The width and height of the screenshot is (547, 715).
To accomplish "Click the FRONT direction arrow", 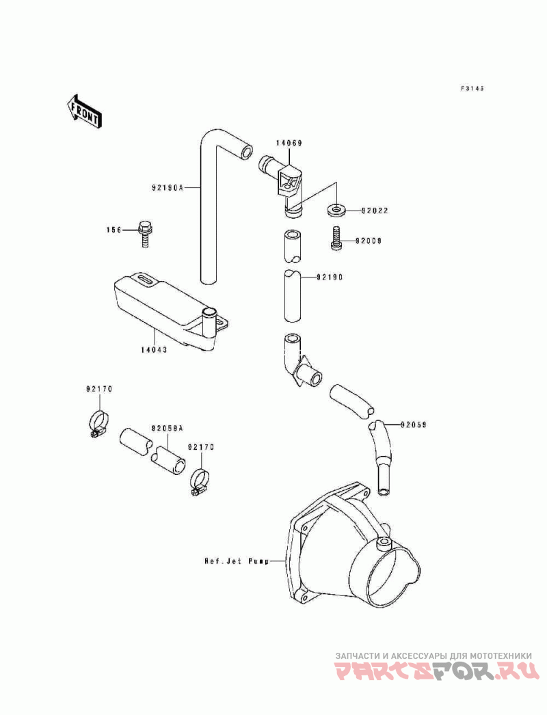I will [x=84, y=109].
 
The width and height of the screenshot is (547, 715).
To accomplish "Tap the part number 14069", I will [x=289, y=144].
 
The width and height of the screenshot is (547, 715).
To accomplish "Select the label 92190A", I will [x=167, y=186].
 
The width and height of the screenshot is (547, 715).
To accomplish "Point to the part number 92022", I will [x=375, y=211].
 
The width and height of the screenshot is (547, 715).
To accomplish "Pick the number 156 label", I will [x=113, y=230].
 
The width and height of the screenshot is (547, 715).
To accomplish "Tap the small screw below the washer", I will [x=336, y=239].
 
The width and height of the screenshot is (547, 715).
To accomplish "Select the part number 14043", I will [x=154, y=349].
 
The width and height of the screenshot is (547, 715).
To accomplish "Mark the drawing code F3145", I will [x=472, y=88].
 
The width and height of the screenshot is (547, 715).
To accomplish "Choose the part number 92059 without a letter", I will [x=414, y=424].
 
